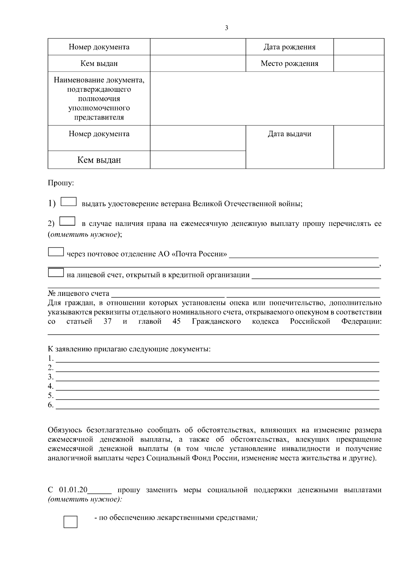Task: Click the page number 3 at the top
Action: click(x=227, y=28)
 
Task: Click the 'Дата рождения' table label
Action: click(x=289, y=47)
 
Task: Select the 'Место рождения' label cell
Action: click(x=289, y=63)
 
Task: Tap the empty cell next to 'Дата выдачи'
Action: click(x=359, y=147)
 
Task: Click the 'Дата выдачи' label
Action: click(x=289, y=134)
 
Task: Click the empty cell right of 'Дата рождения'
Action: click(x=359, y=47)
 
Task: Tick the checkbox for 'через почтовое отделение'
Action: click(x=56, y=252)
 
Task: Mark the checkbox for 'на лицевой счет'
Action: click(x=56, y=273)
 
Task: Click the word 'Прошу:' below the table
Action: click(x=61, y=183)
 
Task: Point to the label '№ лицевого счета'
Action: click(x=79, y=294)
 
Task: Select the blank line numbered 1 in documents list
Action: click(x=217, y=359)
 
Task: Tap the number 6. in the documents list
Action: click(x=51, y=405)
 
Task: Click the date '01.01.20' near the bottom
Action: click(x=73, y=490)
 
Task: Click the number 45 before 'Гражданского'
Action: click(x=177, y=322)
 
